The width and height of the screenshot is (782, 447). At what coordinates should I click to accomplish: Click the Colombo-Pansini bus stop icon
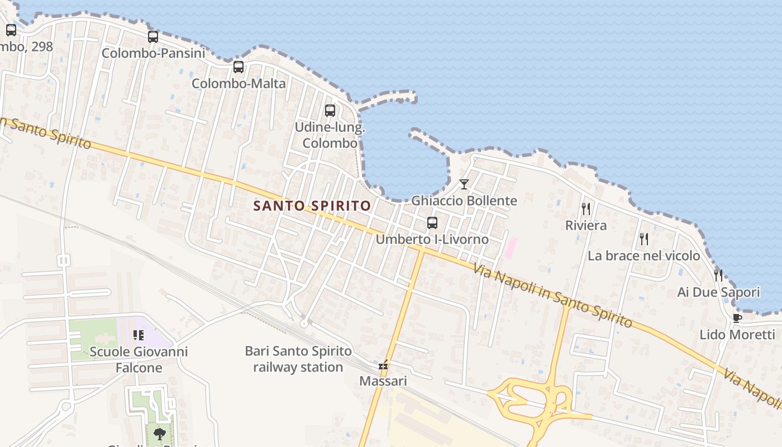(x=152, y=37)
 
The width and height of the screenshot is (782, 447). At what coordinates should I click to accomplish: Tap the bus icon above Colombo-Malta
(x=239, y=67)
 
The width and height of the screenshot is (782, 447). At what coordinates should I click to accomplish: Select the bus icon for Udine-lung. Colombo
(x=330, y=110)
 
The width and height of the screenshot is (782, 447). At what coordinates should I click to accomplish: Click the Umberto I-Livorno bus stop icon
(x=432, y=223)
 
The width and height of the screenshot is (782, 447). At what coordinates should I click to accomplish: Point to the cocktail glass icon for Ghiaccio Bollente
(x=464, y=184)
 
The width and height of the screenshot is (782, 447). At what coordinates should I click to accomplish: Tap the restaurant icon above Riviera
(x=586, y=209)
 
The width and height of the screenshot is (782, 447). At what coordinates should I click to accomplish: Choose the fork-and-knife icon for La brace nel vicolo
(x=644, y=239)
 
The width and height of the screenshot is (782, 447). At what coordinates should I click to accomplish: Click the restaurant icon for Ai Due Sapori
(x=718, y=275)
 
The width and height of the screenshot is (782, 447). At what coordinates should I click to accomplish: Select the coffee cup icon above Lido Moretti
(x=737, y=318)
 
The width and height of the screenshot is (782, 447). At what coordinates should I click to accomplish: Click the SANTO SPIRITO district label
(x=312, y=206)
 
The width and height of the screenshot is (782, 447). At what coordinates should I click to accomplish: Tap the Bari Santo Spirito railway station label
(x=298, y=359)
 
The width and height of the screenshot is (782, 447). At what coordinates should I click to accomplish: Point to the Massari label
(x=383, y=381)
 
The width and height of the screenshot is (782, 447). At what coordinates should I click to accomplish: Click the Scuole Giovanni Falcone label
(x=139, y=359)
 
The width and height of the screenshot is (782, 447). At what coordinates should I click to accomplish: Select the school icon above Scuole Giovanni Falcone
(x=139, y=335)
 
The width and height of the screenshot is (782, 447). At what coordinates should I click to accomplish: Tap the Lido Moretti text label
(x=737, y=335)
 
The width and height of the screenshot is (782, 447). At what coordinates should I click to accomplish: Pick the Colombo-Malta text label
(x=239, y=84)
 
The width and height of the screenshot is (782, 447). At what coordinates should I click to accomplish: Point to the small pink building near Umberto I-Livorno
(x=511, y=248)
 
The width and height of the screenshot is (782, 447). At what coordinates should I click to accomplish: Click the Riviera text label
(x=586, y=226)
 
